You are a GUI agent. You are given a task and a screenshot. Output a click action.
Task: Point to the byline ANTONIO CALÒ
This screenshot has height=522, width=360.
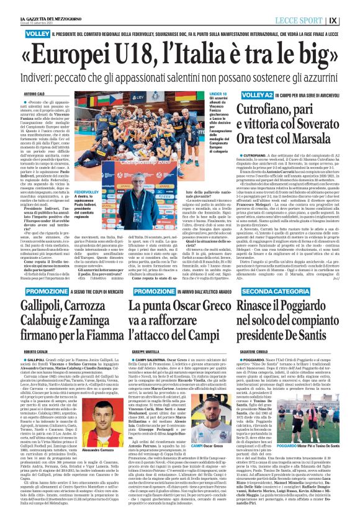coord(36,94)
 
